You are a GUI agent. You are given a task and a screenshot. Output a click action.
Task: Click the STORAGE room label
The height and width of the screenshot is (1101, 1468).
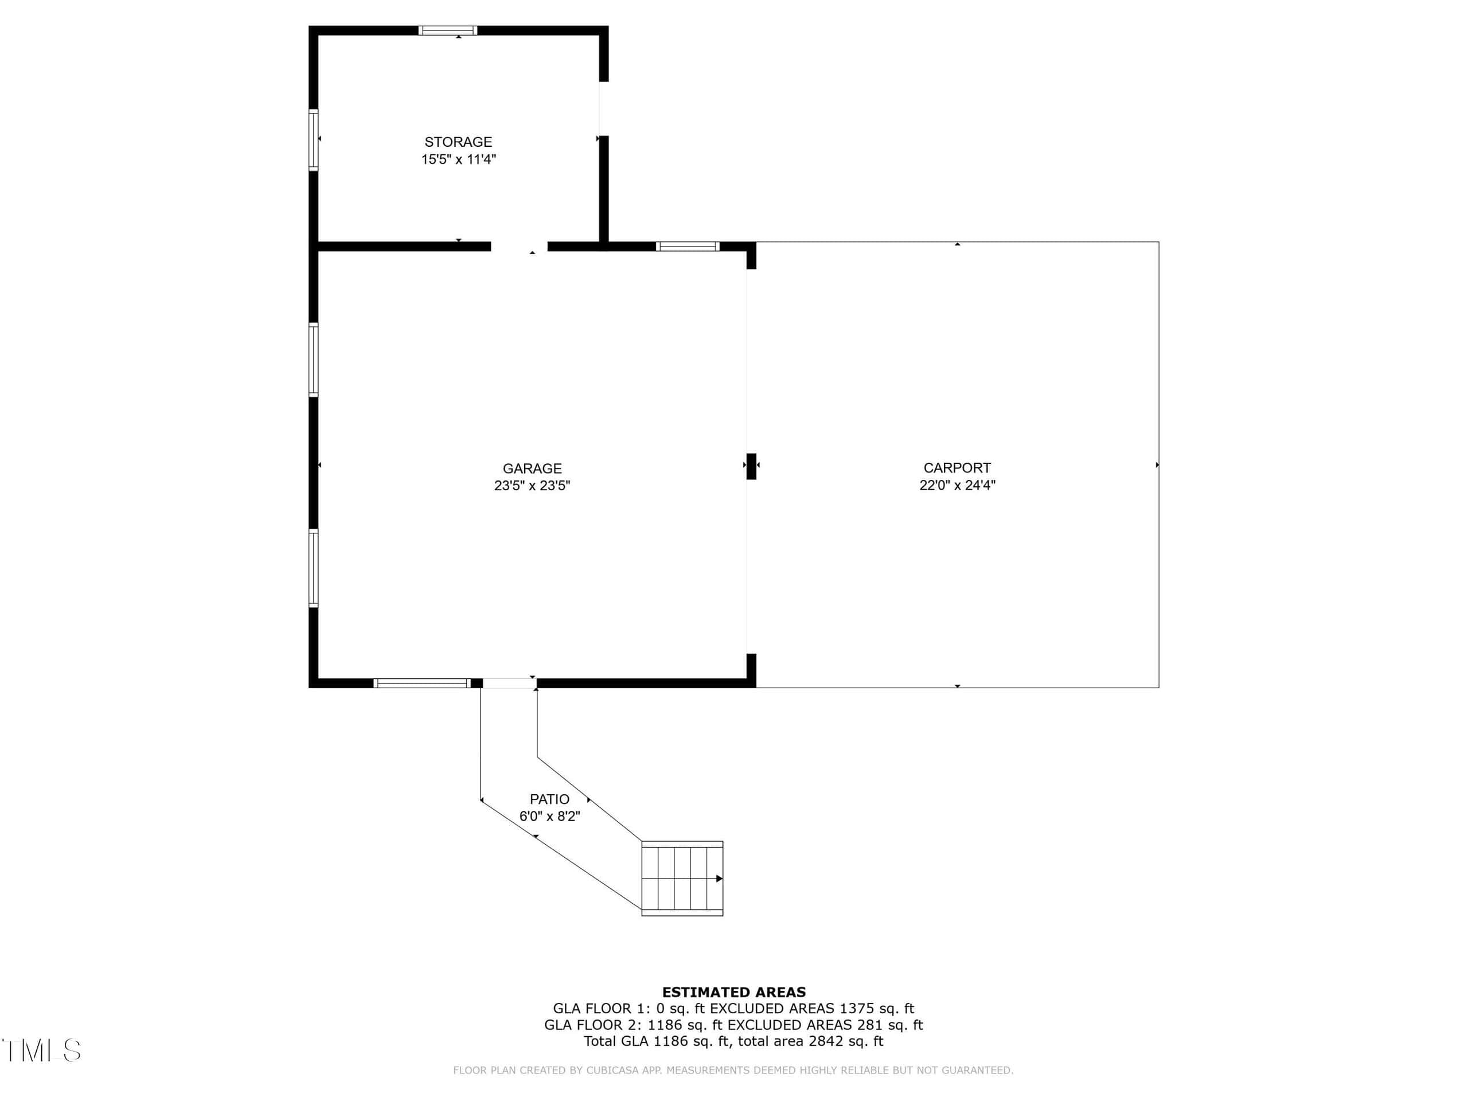(458, 142)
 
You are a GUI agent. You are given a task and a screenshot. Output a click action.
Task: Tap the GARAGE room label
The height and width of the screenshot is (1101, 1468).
(532, 468)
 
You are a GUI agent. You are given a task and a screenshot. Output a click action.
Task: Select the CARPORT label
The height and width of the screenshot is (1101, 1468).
(957, 468)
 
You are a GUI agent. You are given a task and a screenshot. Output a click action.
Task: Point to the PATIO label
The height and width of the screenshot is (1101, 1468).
(549, 799)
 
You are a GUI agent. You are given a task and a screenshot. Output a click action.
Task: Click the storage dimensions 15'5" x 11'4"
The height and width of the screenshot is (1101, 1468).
(458, 159)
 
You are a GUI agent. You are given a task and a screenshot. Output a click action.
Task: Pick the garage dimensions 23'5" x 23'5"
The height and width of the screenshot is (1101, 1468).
(532, 486)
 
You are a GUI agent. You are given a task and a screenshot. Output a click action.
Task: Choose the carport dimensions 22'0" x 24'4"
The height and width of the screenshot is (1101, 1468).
(957, 485)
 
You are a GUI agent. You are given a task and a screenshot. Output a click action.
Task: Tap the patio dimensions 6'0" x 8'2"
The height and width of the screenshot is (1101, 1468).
(549, 817)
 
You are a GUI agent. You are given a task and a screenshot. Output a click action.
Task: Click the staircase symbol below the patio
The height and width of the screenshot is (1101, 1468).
(682, 879)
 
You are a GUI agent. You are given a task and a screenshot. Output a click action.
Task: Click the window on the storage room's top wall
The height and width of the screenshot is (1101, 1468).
(447, 30)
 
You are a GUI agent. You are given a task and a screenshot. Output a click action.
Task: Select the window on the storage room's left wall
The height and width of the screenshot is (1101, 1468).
(313, 140)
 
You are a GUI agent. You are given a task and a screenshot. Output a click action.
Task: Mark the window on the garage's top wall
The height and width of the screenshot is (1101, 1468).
(688, 246)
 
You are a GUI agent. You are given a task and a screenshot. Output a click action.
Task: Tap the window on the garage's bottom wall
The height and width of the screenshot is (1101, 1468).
(422, 683)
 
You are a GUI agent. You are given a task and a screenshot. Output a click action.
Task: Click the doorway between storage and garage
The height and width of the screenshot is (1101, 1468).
(519, 246)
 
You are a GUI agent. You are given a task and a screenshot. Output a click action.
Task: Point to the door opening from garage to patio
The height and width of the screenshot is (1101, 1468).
(509, 683)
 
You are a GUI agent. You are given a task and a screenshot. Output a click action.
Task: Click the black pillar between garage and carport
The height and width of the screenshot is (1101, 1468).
(751, 466)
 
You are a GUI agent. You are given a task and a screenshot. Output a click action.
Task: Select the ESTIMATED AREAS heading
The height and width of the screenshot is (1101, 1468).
(734, 992)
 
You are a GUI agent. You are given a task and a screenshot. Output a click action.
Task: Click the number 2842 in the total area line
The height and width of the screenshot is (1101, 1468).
(826, 1041)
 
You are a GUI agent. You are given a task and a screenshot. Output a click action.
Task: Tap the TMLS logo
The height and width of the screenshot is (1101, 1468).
(41, 1050)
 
